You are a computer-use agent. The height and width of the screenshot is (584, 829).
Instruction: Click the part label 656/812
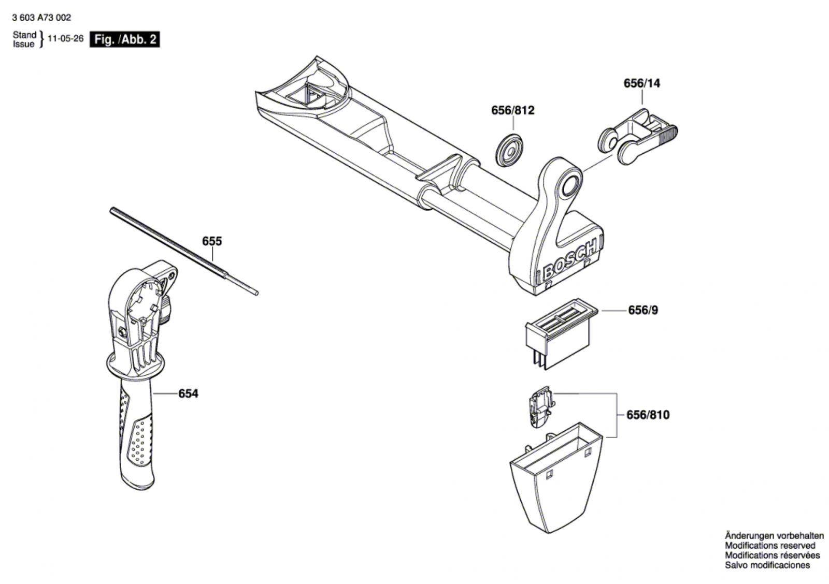tap(512, 111)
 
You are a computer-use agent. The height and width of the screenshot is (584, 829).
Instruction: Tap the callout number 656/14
tap(642, 83)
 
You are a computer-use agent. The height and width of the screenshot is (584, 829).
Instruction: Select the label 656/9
tap(643, 310)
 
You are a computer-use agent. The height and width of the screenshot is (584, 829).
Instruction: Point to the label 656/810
tap(648, 415)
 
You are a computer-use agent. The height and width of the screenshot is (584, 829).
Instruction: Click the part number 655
tap(212, 241)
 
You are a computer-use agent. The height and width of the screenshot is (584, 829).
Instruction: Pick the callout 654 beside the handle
tap(188, 394)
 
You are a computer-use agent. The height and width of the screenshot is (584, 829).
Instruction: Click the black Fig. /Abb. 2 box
tap(124, 39)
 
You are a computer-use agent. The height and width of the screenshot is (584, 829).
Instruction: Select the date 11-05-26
tap(65, 39)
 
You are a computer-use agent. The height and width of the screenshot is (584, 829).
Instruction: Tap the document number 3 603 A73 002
tap(41, 18)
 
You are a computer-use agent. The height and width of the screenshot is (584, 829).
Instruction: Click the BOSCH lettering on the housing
tap(570, 258)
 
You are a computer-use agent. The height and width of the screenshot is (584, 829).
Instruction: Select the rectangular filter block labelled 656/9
tap(559, 334)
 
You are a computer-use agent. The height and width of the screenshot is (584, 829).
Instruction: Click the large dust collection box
tap(554, 476)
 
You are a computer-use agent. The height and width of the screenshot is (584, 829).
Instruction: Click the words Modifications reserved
tap(769, 545)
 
